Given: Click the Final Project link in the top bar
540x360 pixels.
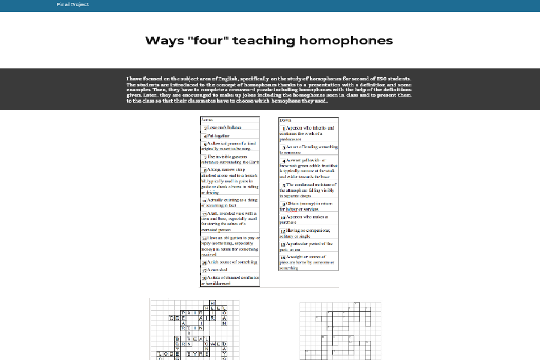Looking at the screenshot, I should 73,5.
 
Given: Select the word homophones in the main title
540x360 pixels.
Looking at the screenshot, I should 346,41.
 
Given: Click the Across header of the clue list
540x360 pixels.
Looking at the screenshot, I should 207,120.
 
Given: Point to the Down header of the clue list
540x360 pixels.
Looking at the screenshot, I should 286,120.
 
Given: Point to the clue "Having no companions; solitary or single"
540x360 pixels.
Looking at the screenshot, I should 308,233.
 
